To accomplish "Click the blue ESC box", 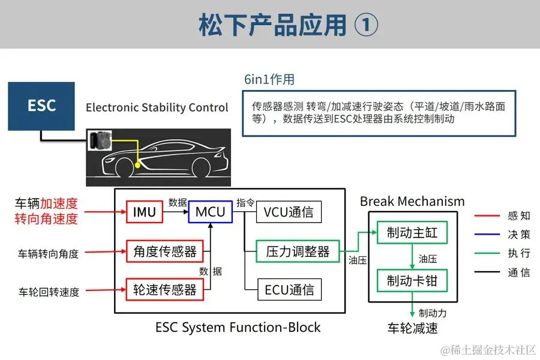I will pyautogui.click(x=41, y=106).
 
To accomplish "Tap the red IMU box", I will pyautogui.click(x=144, y=212).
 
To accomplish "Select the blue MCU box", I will pyautogui.click(x=211, y=212).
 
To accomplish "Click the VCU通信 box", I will pyautogui.click(x=289, y=212).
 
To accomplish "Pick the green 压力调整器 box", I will pyautogui.click(x=298, y=251).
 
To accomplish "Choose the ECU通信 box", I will pyautogui.click(x=289, y=290).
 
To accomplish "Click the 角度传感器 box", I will pyautogui.click(x=165, y=251).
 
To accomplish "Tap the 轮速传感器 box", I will pyautogui.click(x=165, y=290).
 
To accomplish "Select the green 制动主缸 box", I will pyautogui.click(x=412, y=232).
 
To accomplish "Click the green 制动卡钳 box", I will pyautogui.click(x=412, y=280).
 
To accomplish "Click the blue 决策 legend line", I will pyautogui.click(x=487, y=235).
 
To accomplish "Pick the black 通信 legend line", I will pyautogui.click(x=487, y=272).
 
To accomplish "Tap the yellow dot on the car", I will pyautogui.click(x=138, y=164).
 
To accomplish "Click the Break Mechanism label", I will pyautogui.click(x=412, y=201).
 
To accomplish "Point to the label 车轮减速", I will pyautogui.click(x=412, y=328).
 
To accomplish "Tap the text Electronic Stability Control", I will pyautogui.click(x=157, y=108).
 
